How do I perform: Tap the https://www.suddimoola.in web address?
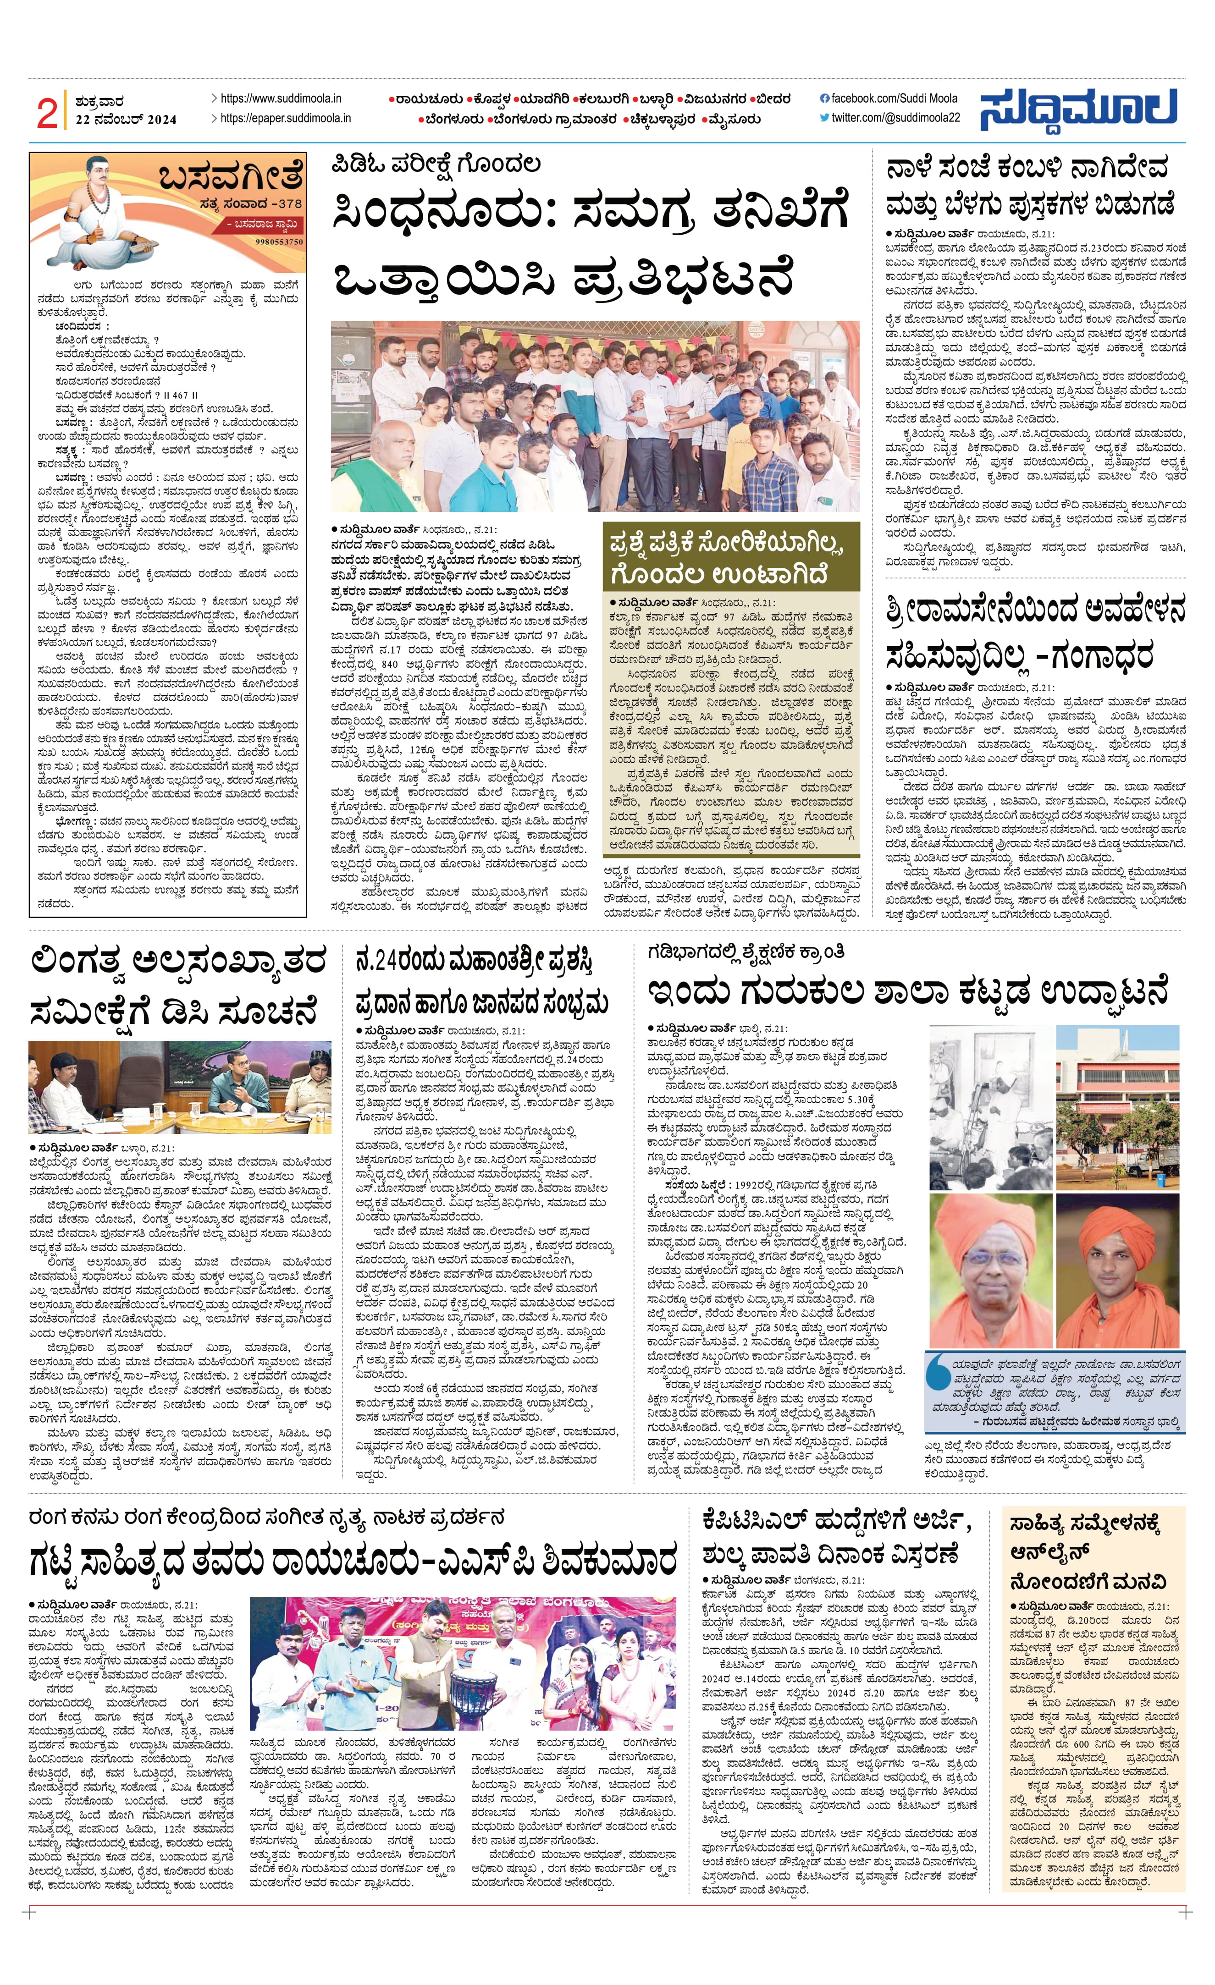click(281, 98)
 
